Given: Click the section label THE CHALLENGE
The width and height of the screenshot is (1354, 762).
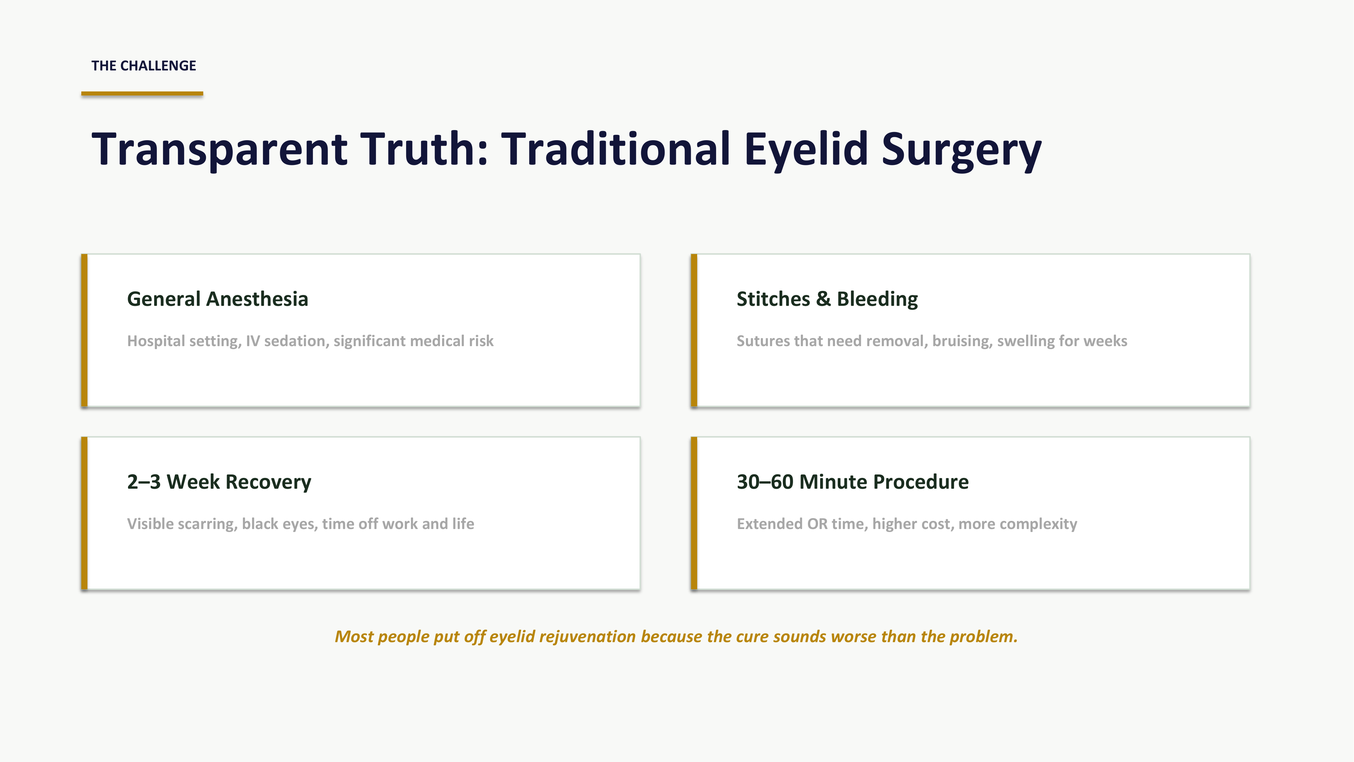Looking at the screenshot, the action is [x=144, y=66].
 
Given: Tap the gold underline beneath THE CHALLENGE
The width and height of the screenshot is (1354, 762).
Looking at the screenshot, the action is [x=142, y=93].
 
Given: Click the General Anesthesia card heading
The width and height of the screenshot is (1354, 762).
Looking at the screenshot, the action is [x=217, y=299].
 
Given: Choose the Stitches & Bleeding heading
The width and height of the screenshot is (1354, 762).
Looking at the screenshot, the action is [x=827, y=299].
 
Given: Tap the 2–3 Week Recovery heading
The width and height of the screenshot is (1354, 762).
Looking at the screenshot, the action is [x=219, y=482].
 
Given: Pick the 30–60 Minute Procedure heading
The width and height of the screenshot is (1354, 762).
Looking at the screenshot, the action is [x=853, y=482].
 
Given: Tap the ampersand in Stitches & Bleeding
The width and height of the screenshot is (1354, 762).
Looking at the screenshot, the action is [x=823, y=299].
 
